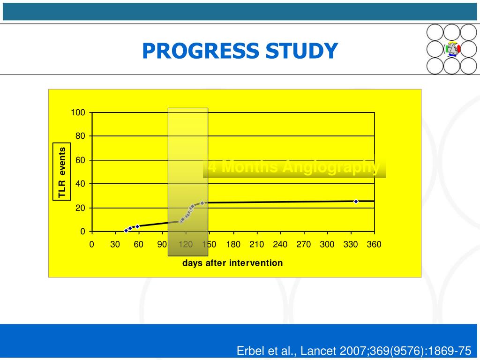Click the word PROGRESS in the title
click(x=201, y=51)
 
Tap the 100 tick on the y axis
click(x=78, y=112)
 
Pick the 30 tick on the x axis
click(x=115, y=244)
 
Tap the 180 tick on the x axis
click(x=233, y=244)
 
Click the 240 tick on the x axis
click(x=280, y=244)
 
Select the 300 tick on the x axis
click(x=327, y=244)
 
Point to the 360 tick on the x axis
click(x=374, y=244)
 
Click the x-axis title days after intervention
click(x=232, y=262)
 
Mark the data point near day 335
click(x=356, y=202)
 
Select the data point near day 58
click(x=137, y=226)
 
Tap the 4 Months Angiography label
click(x=294, y=167)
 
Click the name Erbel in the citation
click(x=248, y=351)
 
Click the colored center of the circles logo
click(x=452, y=48)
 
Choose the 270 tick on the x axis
click(x=304, y=244)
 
